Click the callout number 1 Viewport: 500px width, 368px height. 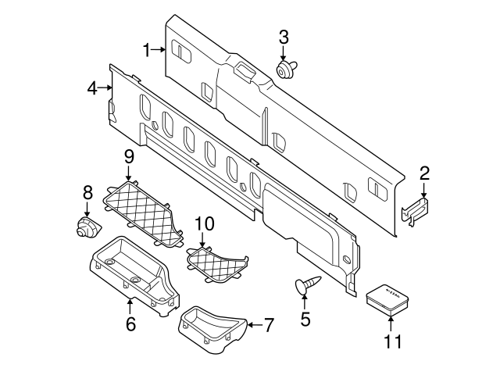pos(147,50)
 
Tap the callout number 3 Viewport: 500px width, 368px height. pos(284,37)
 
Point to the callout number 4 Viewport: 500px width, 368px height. pos(92,89)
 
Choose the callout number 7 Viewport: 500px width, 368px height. pos(270,322)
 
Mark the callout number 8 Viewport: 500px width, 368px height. pos(87,191)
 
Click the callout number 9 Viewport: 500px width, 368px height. pos(129,156)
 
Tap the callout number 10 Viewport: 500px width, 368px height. pos(204,224)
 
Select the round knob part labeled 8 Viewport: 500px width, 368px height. pos(86,227)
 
